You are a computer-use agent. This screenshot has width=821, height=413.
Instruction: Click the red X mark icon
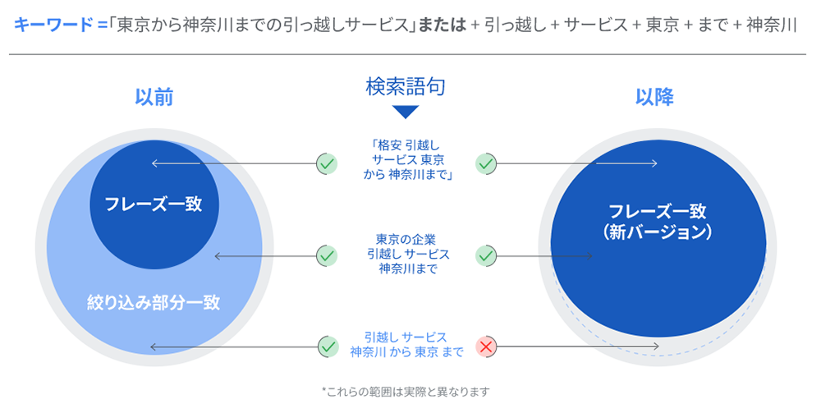(486, 346)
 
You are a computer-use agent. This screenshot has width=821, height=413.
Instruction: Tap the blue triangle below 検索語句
(406, 112)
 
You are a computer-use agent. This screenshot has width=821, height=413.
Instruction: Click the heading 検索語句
(406, 87)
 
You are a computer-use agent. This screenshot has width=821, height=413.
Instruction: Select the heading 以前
(154, 98)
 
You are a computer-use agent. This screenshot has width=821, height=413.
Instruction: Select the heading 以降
(654, 98)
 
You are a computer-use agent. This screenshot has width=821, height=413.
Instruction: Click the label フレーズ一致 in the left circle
(154, 204)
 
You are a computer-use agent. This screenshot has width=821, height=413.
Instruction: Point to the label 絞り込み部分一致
(154, 302)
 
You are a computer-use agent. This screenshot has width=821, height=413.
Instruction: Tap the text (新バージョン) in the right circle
(657, 232)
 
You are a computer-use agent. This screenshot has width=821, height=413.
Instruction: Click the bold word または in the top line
(442, 25)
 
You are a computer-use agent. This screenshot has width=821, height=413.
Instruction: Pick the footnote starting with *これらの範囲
(406, 392)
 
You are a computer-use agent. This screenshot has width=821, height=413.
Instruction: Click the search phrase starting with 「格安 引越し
(406, 160)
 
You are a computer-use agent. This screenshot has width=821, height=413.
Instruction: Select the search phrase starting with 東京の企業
(408, 255)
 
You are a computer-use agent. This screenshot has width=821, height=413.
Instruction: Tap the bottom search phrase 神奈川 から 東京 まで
(406, 351)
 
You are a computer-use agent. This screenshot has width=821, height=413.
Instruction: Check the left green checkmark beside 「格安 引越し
(327, 164)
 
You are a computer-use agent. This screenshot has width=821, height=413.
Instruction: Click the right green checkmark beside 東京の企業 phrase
(486, 256)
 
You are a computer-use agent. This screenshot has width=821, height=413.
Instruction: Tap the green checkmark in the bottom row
(328, 346)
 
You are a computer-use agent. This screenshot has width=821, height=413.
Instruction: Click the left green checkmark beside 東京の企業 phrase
(327, 256)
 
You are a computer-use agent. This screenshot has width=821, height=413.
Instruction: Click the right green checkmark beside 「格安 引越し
(486, 164)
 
